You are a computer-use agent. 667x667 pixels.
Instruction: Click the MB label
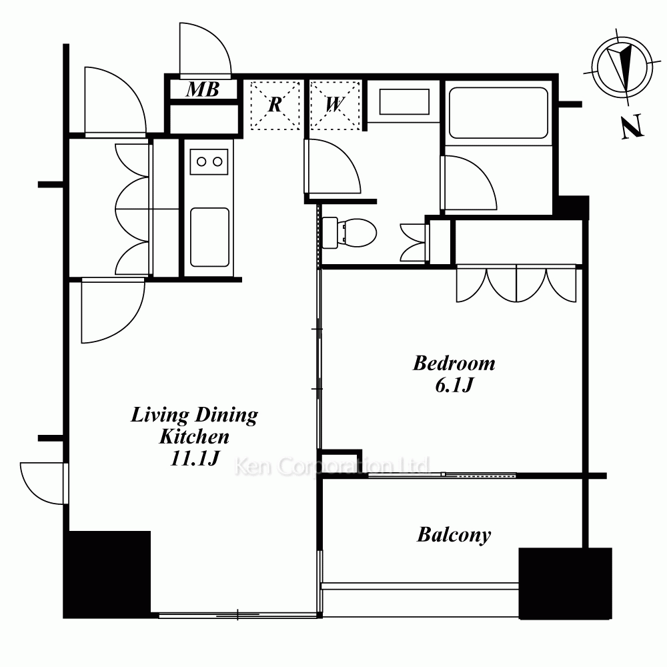tap(203, 89)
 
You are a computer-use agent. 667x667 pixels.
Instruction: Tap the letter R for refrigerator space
tap(275, 104)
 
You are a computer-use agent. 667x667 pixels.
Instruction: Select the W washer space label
tap(335, 104)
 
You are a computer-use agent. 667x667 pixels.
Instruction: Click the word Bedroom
tap(454, 364)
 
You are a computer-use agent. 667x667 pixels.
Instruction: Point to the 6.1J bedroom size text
tap(454, 386)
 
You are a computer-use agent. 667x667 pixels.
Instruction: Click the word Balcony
tap(454, 535)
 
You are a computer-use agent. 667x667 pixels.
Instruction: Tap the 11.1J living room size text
tap(194, 458)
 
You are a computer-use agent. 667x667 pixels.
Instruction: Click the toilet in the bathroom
tap(350, 233)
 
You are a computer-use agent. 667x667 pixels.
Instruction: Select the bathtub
tap(498, 113)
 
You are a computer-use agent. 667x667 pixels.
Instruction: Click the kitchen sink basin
tap(209, 237)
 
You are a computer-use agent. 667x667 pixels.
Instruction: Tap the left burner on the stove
tap(201, 161)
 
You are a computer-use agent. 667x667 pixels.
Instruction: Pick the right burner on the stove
tap(217, 161)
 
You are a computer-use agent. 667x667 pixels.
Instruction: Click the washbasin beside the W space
tap(404, 101)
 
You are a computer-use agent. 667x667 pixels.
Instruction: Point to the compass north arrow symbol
tap(622, 67)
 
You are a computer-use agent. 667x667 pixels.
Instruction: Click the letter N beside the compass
tap(632, 126)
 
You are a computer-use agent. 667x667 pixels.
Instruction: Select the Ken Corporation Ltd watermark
tap(333, 466)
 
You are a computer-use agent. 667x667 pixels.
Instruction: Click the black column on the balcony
tap(566, 583)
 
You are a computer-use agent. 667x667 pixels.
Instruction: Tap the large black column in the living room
tap(107, 574)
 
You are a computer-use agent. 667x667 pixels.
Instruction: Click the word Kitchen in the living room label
tap(194, 436)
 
